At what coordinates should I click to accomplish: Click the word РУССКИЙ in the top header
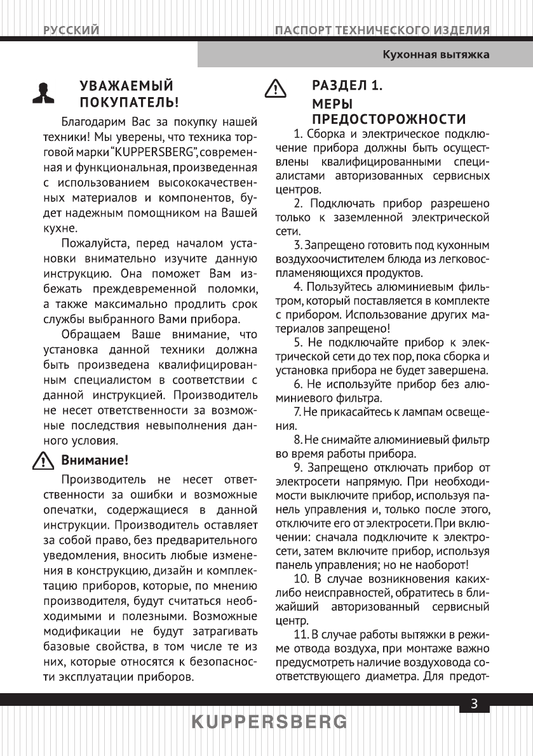click(x=71, y=30)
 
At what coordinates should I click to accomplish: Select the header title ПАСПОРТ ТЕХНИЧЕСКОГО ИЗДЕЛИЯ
click(x=382, y=30)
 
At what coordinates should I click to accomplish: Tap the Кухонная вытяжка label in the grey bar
click(x=435, y=55)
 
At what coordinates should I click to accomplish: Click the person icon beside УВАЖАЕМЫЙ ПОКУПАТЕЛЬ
click(x=44, y=93)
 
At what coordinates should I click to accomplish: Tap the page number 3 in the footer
click(x=474, y=703)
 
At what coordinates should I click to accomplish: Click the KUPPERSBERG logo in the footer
click(x=269, y=722)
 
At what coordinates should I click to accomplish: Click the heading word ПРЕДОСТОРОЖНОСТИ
click(x=389, y=119)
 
